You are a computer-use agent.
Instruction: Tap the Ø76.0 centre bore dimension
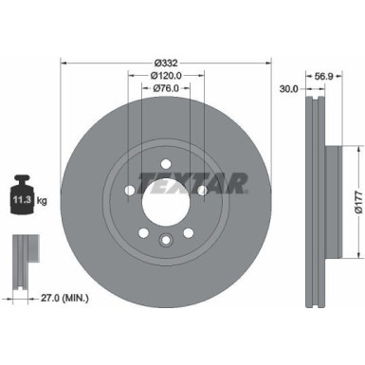pyautogui.click(x=167, y=89)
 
